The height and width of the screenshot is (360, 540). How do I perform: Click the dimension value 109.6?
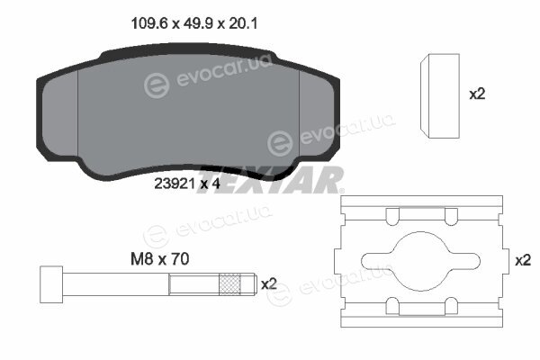(x=149, y=23)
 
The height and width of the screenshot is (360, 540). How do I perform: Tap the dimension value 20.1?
(x=243, y=23)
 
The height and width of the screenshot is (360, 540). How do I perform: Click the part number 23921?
(x=175, y=184)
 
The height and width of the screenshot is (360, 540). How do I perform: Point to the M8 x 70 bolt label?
(x=160, y=259)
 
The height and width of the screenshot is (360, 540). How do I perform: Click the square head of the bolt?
(x=51, y=284)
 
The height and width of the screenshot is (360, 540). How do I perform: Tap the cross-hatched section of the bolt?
(x=229, y=284)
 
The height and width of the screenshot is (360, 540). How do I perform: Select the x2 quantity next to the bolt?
(x=269, y=284)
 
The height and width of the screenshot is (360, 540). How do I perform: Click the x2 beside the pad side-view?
(x=477, y=94)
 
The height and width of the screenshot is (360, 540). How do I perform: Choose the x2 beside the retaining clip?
(x=523, y=260)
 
